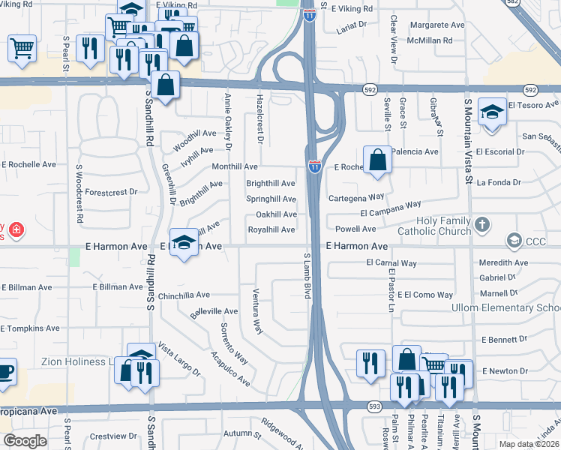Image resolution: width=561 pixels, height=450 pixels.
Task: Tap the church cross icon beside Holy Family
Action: [x=483, y=223]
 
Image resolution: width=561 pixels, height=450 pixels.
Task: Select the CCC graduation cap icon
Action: [x=514, y=241]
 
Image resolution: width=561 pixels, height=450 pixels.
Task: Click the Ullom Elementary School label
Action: [x=505, y=308]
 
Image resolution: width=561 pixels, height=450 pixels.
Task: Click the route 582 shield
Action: [x=553, y=4]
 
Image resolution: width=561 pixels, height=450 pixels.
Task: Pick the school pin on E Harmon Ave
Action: [x=184, y=242]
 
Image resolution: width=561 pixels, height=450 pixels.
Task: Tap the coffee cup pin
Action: [x=4, y=372]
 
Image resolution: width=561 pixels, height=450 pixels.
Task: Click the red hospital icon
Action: [x=16, y=229]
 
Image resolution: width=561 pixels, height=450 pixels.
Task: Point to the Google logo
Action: [x=25, y=441]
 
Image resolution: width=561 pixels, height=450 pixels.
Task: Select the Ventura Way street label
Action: [x=258, y=311]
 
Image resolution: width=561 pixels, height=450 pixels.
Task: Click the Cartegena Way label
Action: [x=356, y=197]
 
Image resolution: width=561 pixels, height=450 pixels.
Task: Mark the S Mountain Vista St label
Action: [x=467, y=142]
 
